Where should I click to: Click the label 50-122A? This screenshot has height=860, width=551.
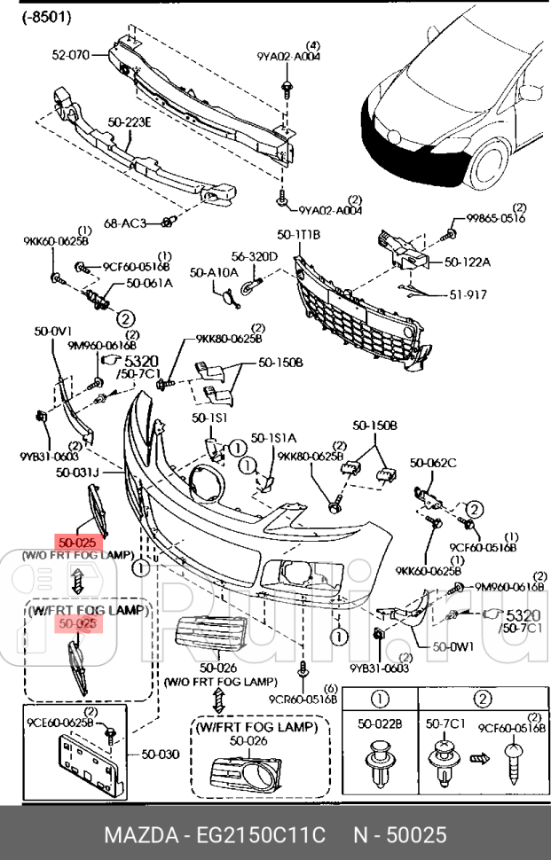[x=468, y=262]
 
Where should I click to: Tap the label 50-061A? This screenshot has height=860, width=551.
[x=148, y=284]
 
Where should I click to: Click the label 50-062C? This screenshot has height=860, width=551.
[x=433, y=462]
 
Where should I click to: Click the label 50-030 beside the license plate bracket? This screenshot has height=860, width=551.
[x=160, y=754]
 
